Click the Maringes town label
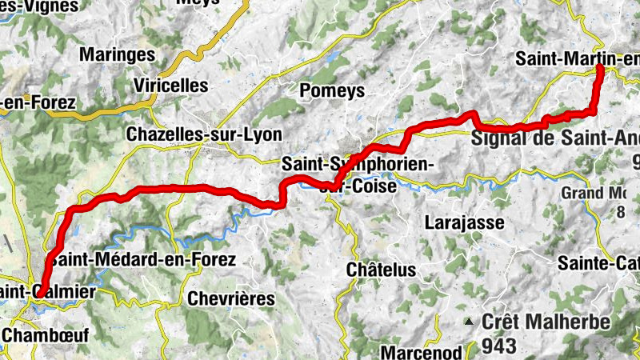click(117, 54)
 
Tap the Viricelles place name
click(171, 85)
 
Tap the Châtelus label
click(381, 270)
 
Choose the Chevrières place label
click(230, 298)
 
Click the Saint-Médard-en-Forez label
click(142, 259)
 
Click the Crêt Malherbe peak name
click(546, 322)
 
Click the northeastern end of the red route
click(599, 70)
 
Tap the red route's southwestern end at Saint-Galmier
click(38, 294)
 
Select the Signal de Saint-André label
click(556, 137)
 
